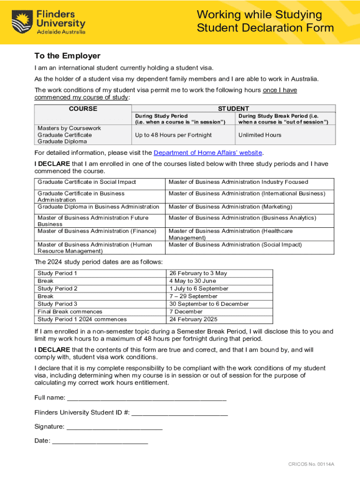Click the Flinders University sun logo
point(22,22)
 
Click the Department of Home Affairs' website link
point(208,152)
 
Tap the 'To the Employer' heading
point(67,56)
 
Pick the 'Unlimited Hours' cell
point(259,135)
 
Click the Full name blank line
point(147,399)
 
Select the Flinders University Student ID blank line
point(180,413)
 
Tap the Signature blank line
point(115,427)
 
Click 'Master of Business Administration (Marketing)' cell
point(230,207)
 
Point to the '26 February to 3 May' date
point(198,273)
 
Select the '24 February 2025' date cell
point(193,319)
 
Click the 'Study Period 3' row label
point(58,304)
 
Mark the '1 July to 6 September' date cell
point(199,289)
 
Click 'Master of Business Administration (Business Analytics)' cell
point(242,218)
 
